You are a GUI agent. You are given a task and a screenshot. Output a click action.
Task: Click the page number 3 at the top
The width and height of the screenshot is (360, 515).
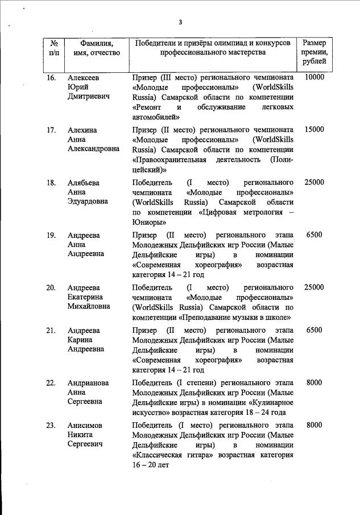180,22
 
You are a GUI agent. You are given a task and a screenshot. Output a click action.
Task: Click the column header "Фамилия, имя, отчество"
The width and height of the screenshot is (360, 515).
93,48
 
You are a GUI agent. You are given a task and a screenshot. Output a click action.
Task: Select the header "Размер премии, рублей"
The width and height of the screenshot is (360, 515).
314,52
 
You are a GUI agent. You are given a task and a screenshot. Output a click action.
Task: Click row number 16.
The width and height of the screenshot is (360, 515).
51,77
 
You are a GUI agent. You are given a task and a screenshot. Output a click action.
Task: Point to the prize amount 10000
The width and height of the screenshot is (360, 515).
314,77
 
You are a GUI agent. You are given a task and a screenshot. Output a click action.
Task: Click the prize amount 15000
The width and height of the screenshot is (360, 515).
314,130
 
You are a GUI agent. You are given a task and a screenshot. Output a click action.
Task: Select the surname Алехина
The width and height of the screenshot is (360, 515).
82,130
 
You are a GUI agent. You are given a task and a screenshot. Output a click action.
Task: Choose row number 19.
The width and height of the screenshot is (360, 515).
51,235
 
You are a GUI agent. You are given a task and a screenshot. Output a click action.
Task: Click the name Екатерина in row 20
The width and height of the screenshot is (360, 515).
85,298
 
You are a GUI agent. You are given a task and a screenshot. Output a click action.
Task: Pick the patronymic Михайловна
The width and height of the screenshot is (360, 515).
89,308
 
